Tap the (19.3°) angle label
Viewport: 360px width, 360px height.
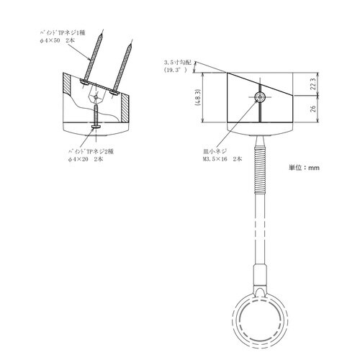click(x=175, y=71)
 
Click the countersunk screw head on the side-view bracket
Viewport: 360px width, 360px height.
click(x=258, y=96)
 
